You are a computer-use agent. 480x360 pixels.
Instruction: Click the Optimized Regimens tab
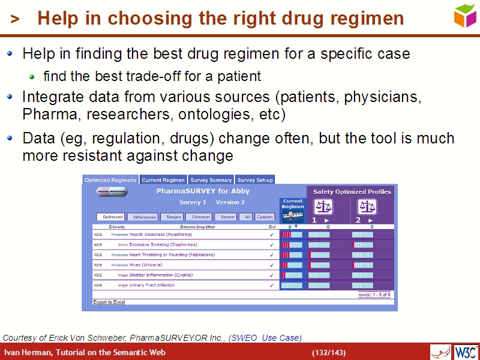(110, 180)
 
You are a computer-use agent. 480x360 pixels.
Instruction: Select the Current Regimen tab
(163, 180)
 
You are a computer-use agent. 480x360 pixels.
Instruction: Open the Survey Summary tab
(211, 180)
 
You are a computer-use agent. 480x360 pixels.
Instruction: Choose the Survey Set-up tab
(255, 180)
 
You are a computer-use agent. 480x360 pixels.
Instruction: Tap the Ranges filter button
(173, 217)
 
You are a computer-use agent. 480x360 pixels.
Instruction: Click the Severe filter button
(227, 217)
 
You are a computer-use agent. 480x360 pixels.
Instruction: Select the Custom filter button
(265, 217)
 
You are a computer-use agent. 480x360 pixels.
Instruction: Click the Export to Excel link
(109, 302)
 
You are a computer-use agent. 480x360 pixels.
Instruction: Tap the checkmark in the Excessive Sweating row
(272, 245)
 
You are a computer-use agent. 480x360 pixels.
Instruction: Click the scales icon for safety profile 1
(323, 207)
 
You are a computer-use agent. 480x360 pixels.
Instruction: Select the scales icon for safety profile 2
(367, 207)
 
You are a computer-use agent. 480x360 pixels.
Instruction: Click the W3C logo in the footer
(466, 352)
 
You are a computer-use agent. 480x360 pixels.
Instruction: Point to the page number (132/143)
(328, 352)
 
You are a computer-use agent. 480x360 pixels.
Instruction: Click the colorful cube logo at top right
(464, 16)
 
